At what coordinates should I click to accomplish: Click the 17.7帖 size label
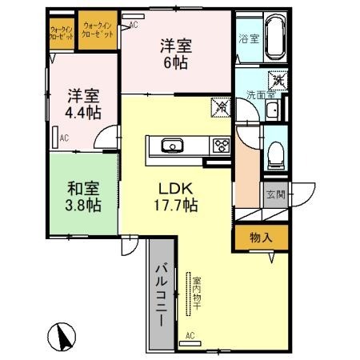coord(175,206)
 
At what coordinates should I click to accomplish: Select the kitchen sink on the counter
coord(171,146)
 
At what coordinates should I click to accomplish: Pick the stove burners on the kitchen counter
coord(219,146)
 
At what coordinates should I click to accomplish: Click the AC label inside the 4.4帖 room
coord(62,138)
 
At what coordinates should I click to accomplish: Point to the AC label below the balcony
coord(190,336)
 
